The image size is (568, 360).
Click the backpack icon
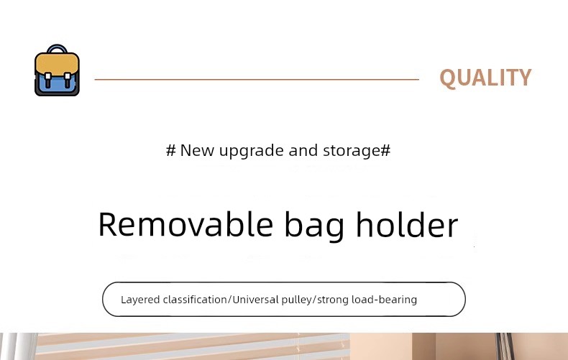pyautogui.click(x=57, y=70)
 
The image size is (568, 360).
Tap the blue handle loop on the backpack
pyautogui.click(x=57, y=47)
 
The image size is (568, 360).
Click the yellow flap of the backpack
pyautogui.click(x=57, y=64)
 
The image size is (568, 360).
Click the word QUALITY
pyautogui.click(x=485, y=78)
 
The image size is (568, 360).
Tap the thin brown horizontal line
pyautogui.click(x=257, y=79)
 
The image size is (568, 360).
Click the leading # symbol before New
pyautogui.click(x=170, y=150)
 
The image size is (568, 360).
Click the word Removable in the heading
pyautogui.click(x=185, y=224)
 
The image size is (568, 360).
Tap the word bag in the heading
pyautogui.click(x=314, y=226)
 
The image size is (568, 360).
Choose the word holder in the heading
pyautogui.click(x=407, y=224)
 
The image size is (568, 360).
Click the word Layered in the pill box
pyautogui.click(x=140, y=300)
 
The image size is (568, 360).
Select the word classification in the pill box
pyautogui.click(x=196, y=300)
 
